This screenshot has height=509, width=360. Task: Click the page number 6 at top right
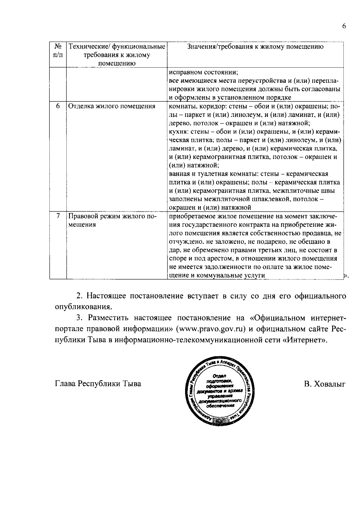(344, 26)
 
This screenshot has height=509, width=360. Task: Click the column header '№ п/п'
(58, 51)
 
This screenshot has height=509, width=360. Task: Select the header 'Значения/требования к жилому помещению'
(255, 46)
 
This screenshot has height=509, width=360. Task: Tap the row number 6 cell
(58, 106)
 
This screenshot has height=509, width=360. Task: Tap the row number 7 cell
(58, 216)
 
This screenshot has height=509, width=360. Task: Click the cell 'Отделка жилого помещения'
(112, 106)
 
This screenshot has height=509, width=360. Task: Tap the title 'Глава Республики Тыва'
(98, 384)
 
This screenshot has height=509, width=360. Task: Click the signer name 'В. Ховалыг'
(325, 384)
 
